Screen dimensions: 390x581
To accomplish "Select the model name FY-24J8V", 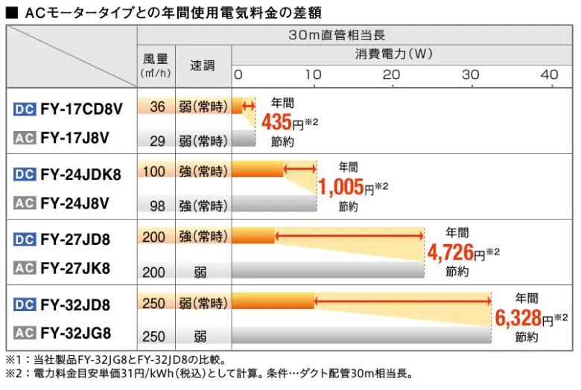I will pos(75,202).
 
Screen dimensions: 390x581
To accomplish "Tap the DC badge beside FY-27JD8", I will pos(24,240).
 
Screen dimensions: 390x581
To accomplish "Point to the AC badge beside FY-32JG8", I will pos(24,333).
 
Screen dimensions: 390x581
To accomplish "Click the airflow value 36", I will pos(156,107).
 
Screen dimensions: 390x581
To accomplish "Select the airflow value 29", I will pos(157,141).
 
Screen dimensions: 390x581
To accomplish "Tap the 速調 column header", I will pos(202,65).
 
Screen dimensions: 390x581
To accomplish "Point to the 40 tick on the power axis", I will pos(549,74).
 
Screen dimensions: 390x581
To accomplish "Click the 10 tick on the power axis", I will pos(314,74).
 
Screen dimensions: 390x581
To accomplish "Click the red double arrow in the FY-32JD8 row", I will pos(402,302).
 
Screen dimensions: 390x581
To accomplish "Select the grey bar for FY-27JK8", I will pos(328,271).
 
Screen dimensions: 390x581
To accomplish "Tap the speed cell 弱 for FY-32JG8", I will pos(200,336).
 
